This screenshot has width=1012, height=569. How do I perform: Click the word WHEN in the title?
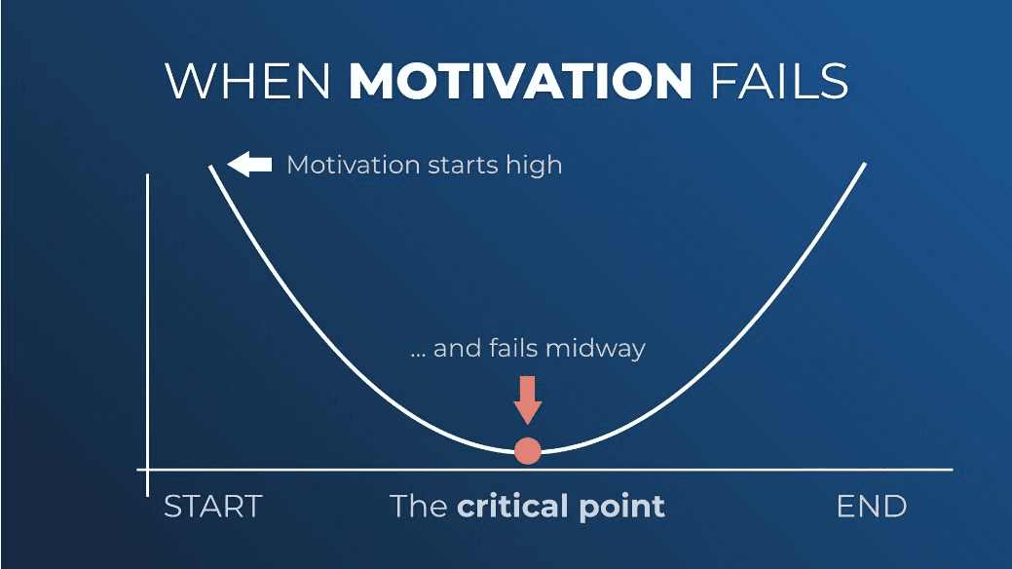pyautogui.click(x=247, y=82)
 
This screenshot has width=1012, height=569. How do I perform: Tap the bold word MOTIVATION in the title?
pyautogui.click(x=520, y=82)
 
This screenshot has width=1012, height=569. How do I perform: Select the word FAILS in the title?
pyautogui.click(x=779, y=82)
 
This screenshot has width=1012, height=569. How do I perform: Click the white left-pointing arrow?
pyautogui.click(x=249, y=164)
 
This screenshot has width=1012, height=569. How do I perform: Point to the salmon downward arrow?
pyautogui.click(x=527, y=399)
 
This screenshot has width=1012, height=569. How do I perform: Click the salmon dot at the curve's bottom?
pyautogui.click(x=527, y=451)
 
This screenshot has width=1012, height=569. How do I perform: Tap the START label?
pyautogui.click(x=213, y=507)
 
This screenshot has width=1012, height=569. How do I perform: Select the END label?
pyautogui.click(x=872, y=507)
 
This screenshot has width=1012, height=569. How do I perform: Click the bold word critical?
pyautogui.click(x=512, y=506)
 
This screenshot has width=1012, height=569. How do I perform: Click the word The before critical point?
pyautogui.click(x=419, y=506)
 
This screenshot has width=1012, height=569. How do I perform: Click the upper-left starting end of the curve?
pyautogui.click(x=210, y=167)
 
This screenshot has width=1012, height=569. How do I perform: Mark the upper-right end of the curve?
pyautogui.click(x=865, y=164)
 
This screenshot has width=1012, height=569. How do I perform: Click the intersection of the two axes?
pyautogui.click(x=148, y=470)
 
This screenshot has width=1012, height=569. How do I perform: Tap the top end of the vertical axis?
pyautogui.click(x=148, y=174)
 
